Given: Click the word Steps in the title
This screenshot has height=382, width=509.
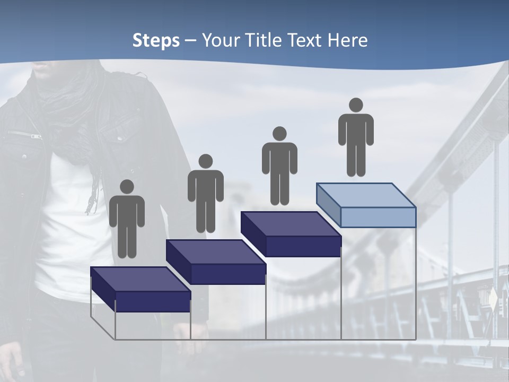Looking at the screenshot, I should (156, 41).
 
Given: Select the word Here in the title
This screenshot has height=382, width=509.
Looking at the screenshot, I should (347, 40).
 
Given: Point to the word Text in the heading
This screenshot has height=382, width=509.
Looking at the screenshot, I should (305, 40).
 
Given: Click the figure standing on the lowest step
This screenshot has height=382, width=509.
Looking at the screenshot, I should (127, 220).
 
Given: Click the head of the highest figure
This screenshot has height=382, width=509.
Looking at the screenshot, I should (356, 105).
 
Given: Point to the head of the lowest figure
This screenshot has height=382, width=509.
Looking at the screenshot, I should (127, 187).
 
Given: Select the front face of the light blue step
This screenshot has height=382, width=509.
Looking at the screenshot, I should (378, 218).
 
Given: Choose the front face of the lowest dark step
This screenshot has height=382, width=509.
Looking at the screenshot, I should (153, 301).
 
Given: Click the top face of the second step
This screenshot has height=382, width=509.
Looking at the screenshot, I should (215, 251).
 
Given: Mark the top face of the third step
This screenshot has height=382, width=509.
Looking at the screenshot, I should (291, 224).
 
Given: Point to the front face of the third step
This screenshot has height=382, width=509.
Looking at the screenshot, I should (303, 246).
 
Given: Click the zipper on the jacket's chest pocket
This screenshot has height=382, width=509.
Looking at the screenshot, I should (24, 134).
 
